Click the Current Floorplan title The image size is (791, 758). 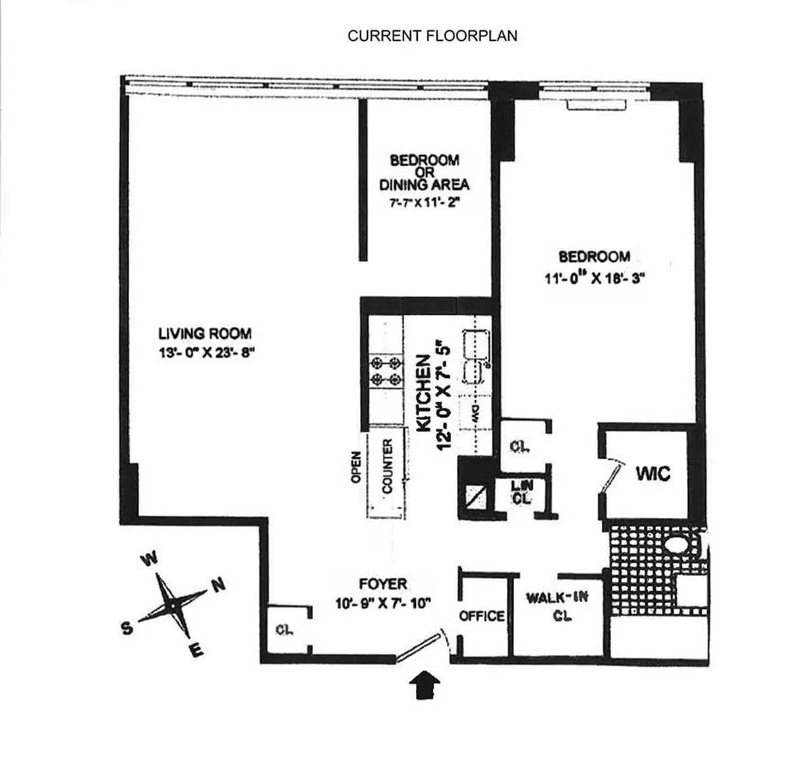coord(432,36)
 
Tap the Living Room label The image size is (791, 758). coord(205,334)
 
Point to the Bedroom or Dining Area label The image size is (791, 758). coord(425,172)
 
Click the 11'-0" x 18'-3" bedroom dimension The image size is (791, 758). coord(594,278)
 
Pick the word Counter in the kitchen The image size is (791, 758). coord(388,466)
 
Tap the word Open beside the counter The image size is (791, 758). coord(356,467)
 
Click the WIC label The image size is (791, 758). coord(653,473)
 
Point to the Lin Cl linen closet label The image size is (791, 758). coord(521,492)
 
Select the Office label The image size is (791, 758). coord(482,616)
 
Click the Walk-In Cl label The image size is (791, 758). coord(558,606)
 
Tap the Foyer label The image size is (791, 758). coord(383,584)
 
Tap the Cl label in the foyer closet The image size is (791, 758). coord(284,629)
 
